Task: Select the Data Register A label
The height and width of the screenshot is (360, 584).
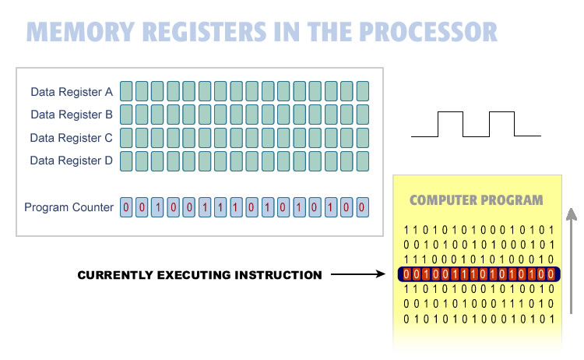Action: click(72, 92)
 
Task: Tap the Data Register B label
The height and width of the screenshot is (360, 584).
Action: click(72, 115)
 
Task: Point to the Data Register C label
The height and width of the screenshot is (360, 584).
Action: click(72, 138)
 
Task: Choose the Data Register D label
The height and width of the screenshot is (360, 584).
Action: click(72, 161)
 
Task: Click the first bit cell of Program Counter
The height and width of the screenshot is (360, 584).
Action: click(126, 208)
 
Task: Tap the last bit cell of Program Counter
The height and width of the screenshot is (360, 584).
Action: click(362, 208)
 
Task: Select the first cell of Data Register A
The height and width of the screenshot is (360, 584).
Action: click(126, 91)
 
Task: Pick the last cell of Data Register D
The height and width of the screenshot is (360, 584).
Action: click(362, 161)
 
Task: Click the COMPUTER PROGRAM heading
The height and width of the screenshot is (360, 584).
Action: click(477, 200)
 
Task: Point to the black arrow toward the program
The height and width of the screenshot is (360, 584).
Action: click(359, 275)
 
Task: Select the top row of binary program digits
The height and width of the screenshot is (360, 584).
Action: click(477, 230)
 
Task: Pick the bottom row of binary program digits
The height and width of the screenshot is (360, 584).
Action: click(477, 319)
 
